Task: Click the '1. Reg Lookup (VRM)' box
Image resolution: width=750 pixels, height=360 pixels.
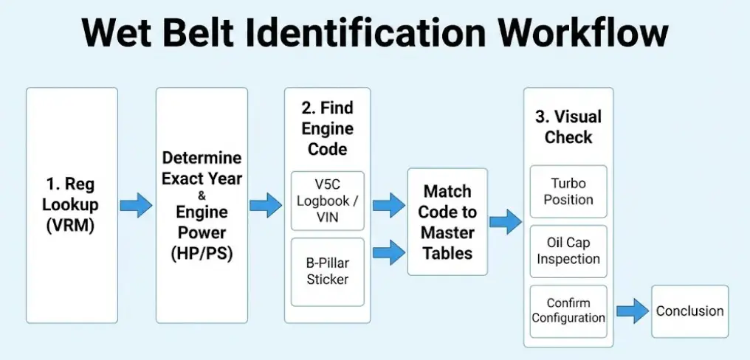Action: pos(72,204)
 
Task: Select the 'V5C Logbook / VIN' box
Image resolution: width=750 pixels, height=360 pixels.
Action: pos(327,200)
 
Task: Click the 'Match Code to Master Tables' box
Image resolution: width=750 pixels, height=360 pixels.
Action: pos(447,221)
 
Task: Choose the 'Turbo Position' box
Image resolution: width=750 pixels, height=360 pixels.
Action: pos(568,191)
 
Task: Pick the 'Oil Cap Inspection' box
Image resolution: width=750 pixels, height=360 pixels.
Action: pos(568,250)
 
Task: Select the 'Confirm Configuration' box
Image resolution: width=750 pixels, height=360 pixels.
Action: pos(568,311)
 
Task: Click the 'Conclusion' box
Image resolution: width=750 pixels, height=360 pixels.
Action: pos(689,311)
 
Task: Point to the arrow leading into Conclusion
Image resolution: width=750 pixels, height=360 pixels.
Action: pos(632,311)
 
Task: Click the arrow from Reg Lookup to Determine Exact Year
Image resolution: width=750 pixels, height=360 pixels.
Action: pos(136,204)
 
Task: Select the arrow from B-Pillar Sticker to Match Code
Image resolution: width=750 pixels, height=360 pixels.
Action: pos(388,252)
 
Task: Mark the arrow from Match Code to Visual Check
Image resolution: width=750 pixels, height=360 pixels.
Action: pos(505,221)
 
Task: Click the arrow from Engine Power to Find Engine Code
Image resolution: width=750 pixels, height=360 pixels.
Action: pos(266,204)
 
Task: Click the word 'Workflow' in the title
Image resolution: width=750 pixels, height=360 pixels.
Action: pos(583,32)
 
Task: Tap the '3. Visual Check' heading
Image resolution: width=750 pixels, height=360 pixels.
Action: pos(568,127)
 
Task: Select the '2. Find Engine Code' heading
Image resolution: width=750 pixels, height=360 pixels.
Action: pos(327,128)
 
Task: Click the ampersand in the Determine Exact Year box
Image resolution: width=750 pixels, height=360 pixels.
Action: pos(202,195)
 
